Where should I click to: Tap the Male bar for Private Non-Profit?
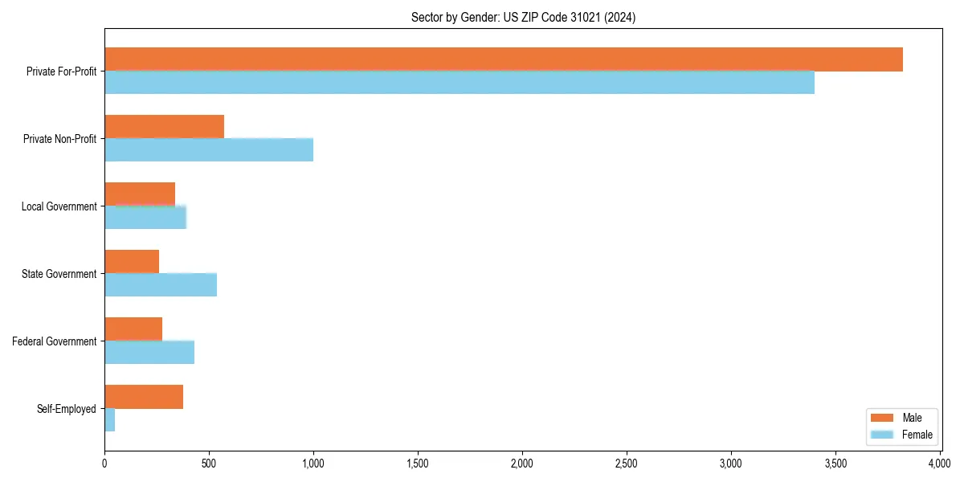(x=164, y=127)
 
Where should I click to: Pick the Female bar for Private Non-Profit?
(x=209, y=150)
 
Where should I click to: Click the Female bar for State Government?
(x=161, y=285)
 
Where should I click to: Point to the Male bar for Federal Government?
(x=133, y=329)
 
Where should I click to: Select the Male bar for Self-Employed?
(x=144, y=397)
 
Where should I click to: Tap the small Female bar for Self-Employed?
(x=110, y=420)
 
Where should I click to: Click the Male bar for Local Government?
(x=140, y=194)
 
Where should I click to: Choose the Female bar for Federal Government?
(x=149, y=353)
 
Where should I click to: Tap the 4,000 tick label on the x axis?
(x=940, y=464)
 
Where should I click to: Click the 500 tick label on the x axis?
(x=209, y=464)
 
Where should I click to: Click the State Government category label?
(x=59, y=274)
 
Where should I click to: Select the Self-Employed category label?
(x=67, y=409)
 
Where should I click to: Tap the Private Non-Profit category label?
(x=59, y=139)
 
